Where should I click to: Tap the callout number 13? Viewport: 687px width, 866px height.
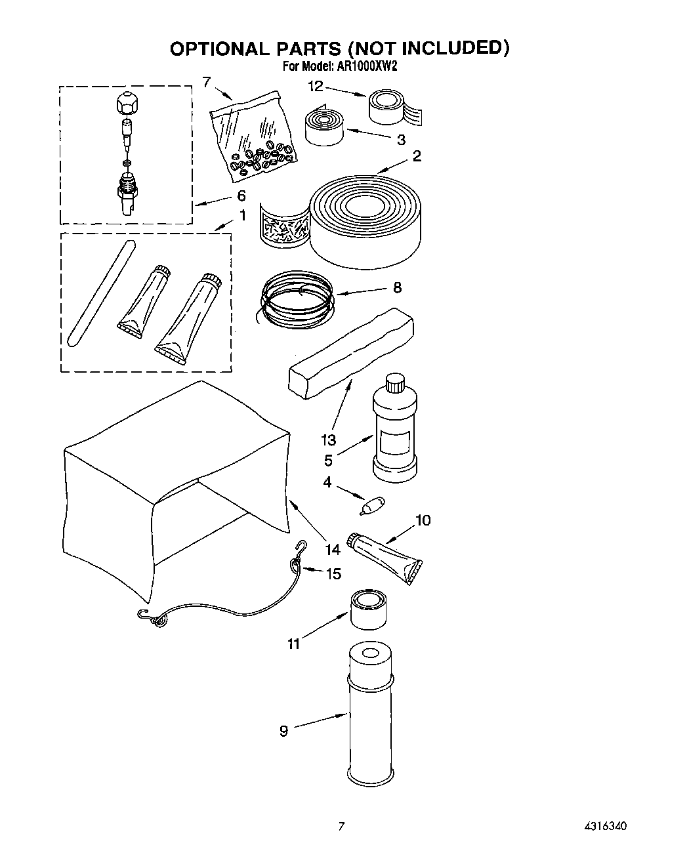pyautogui.click(x=328, y=440)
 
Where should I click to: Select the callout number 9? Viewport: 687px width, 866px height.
pyautogui.click(x=283, y=730)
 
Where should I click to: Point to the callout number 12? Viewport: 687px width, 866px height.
pyautogui.click(x=316, y=86)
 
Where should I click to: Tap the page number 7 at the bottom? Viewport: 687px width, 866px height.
pyautogui.click(x=341, y=825)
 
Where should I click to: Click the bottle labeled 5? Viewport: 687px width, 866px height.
pyautogui.click(x=394, y=430)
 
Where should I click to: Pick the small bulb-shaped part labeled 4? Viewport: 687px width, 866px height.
pyautogui.click(x=372, y=506)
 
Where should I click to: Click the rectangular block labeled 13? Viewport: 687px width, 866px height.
pyautogui.click(x=352, y=354)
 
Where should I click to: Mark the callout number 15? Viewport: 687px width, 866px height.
pyautogui.click(x=333, y=574)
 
